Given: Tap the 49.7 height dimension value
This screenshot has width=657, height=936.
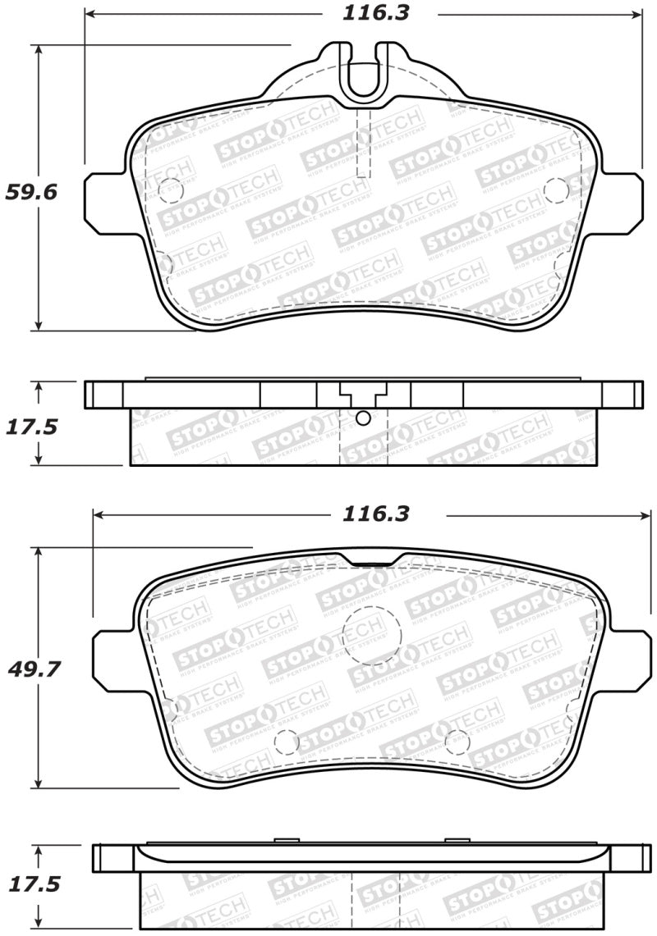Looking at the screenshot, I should [33, 669].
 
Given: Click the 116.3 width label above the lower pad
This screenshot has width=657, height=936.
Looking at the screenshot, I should [375, 514].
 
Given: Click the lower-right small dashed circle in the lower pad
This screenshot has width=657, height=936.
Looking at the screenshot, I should [457, 741].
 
